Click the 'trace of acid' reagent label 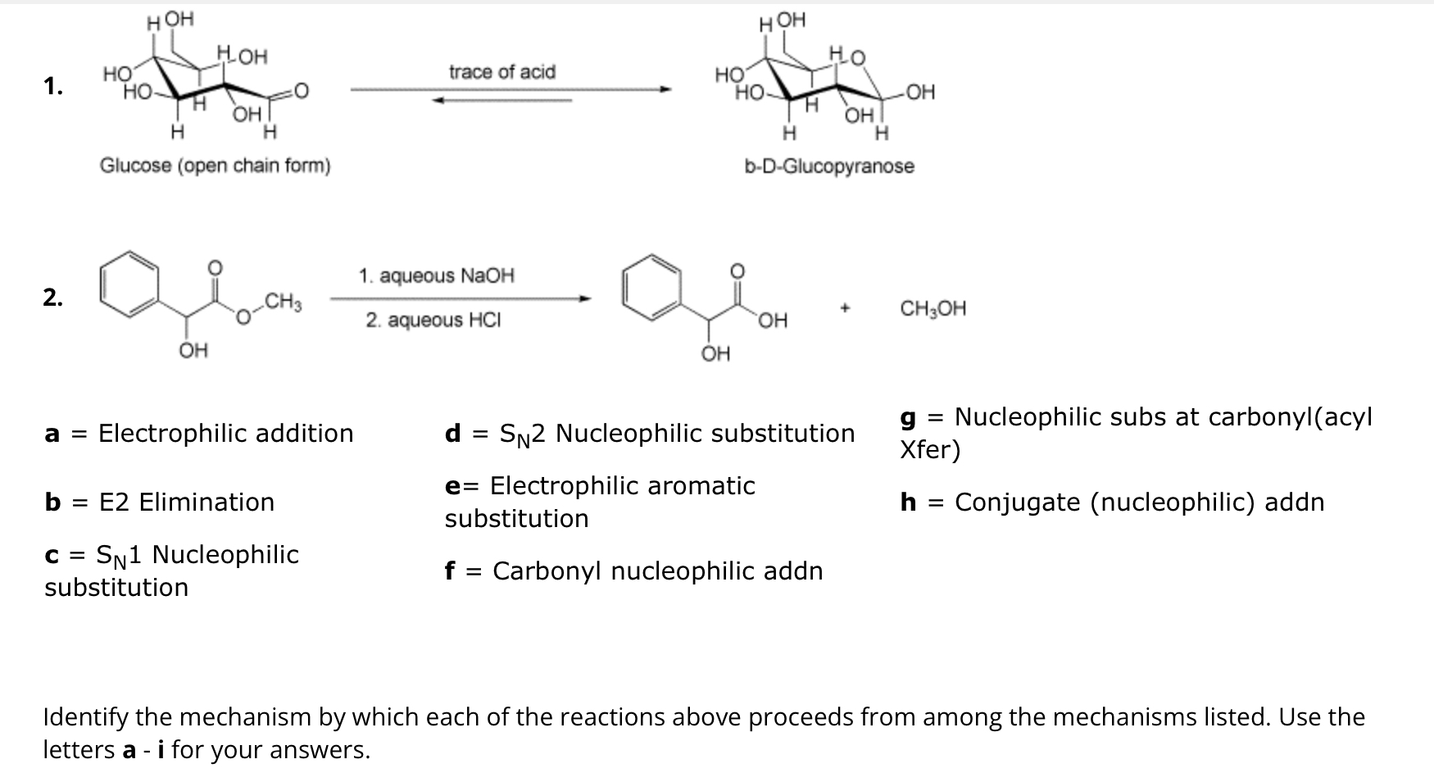pyautogui.click(x=501, y=72)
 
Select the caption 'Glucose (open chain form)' pyautogui.click(x=215, y=166)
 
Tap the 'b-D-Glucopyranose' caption pyautogui.click(x=828, y=166)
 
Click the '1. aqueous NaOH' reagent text pyautogui.click(x=436, y=275)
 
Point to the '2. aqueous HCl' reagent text pyautogui.click(x=433, y=320)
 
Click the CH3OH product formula pyautogui.click(x=933, y=309)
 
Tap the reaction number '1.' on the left pyautogui.click(x=53, y=86)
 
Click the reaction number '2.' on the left pyautogui.click(x=53, y=298)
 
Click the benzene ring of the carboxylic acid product pyautogui.click(x=651, y=284)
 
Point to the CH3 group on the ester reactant pyautogui.click(x=284, y=302)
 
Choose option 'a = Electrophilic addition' pyautogui.click(x=199, y=433)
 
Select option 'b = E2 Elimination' pyautogui.click(x=160, y=502)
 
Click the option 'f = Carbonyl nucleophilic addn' pyautogui.click(x=633, y=571)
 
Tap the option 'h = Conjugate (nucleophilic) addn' pyautogui.click(x=1111, y=502)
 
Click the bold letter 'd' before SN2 pyautogui.click(x=452, y=433)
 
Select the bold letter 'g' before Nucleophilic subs pyautogui.click(x=908, y=418)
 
